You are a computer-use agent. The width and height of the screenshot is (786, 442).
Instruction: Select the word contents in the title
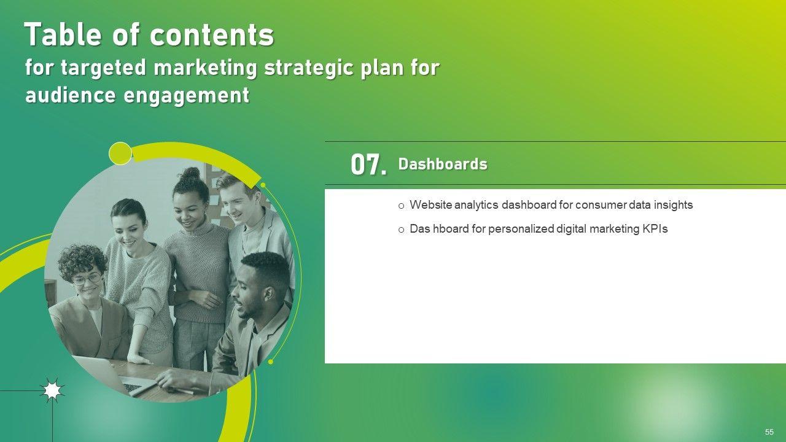click(212, 36)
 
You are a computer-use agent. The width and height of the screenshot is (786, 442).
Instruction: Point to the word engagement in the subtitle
click(186, 96)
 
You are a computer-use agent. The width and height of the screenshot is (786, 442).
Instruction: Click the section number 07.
click(368, 165)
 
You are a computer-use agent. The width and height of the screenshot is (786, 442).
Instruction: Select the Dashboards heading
click(443, 164)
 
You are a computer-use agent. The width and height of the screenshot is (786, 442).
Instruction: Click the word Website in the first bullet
click(431, 205)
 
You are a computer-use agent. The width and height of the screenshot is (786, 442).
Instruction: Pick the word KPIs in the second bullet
click(655, 229)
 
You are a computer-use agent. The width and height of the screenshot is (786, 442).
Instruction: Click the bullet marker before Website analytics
click(402, 206)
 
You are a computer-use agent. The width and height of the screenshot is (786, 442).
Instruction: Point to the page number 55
click(769, 432)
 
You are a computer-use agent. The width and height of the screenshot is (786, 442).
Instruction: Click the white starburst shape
click(52, 390)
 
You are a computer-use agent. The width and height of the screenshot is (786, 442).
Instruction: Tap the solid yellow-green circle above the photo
click(120, 153)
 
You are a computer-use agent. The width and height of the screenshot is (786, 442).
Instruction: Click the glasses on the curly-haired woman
click(87, 279)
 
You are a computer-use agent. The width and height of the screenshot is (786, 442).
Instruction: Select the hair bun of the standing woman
click(190, 173)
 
